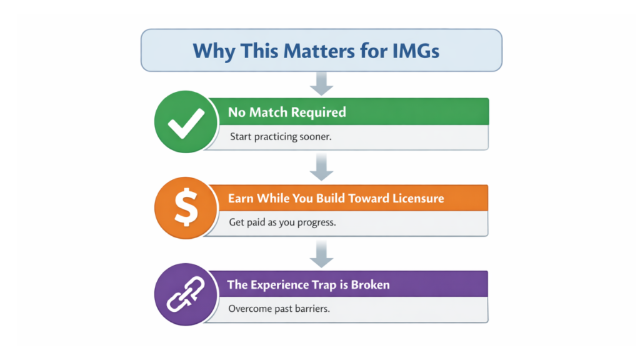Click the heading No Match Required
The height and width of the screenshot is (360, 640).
[286, 112]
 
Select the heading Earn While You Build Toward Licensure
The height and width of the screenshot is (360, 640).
[336, 198]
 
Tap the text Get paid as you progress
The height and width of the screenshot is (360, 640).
[282, 222]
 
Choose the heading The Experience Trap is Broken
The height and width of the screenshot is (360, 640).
[309, 284]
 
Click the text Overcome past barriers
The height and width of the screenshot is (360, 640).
[279, 308]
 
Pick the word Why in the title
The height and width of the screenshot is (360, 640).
[209, 50]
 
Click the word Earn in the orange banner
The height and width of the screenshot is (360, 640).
[241, 198]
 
